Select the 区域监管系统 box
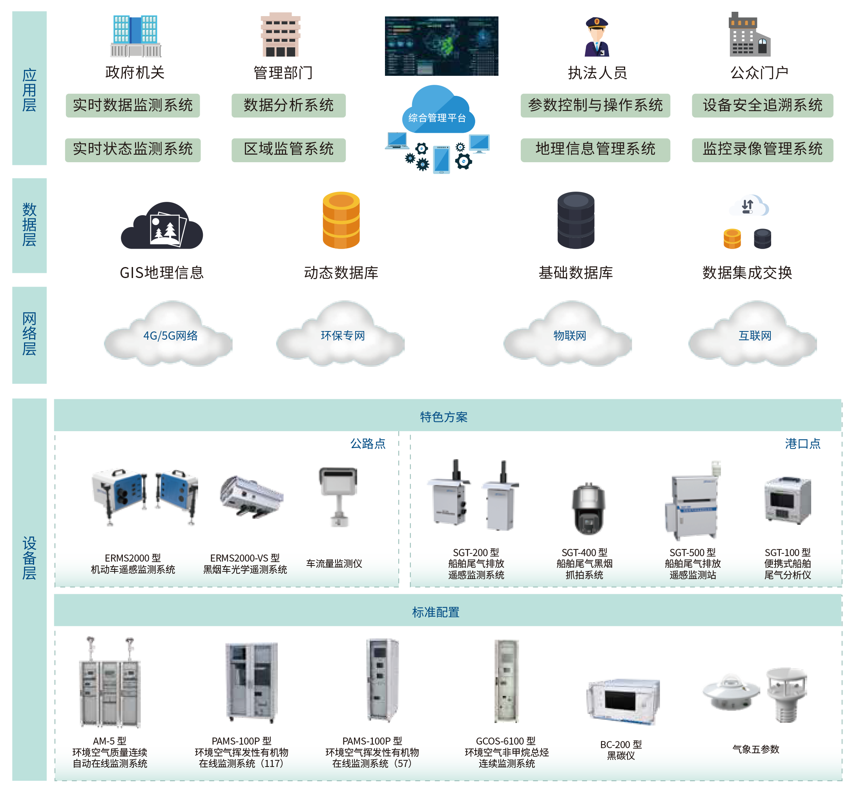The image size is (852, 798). [288, 150]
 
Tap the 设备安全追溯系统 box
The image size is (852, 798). [762, 106]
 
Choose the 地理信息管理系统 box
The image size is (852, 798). [595, 150]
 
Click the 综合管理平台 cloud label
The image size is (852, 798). [437, 118]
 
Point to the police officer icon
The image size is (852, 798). [597, 37]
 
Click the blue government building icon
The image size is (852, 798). [135, 37]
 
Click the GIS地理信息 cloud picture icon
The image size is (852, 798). [162, 227]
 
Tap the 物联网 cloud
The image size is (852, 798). [569, 335]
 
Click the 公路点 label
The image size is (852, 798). [368, 443]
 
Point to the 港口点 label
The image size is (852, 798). [802, 443]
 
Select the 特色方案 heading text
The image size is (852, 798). [443, 417]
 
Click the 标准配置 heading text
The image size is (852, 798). [436, 612]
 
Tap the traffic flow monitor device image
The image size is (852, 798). [338, 496]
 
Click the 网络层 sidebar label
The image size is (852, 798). [29, 335]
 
